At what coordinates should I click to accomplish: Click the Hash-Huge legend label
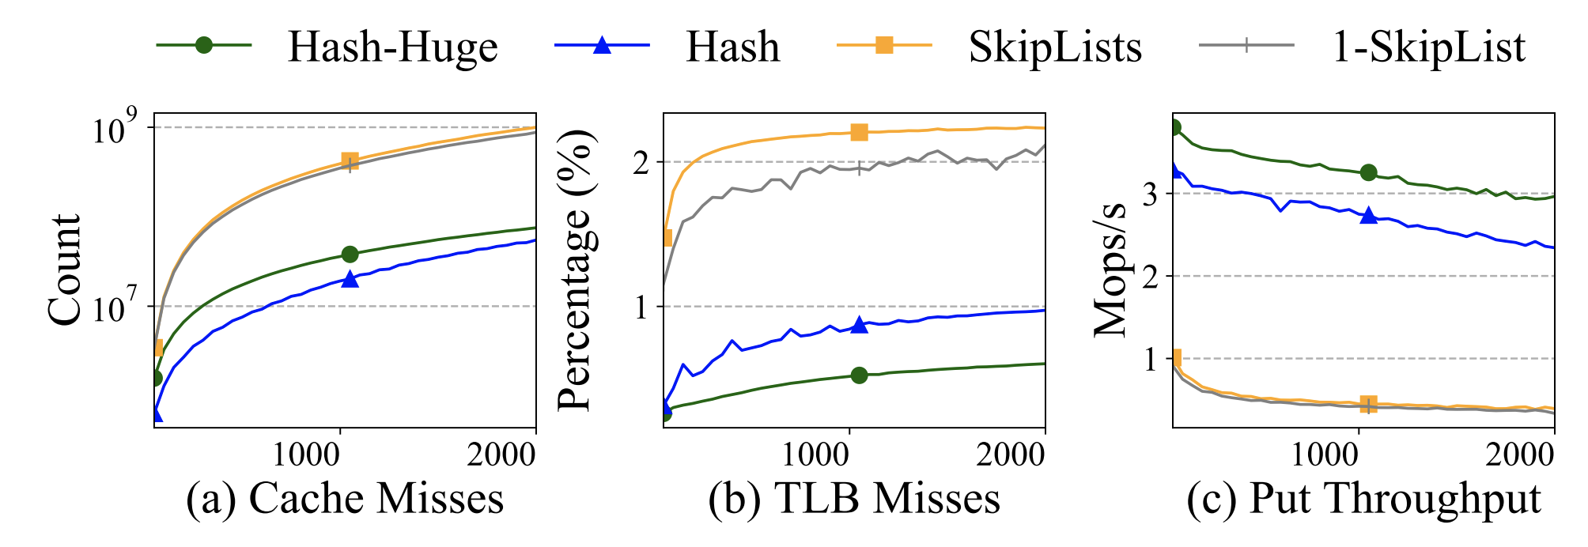click(x=393, y=47)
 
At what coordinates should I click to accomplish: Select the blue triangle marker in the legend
click(x=603, y=44)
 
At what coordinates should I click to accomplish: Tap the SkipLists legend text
click(x=1056, y=47)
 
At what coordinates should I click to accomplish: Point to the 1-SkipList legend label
click(x=1430, y=47)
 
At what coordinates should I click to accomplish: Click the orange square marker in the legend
click(x=885, y=45)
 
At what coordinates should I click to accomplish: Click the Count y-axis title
click(x=64, y=269)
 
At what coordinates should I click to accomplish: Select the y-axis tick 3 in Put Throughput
click(x=1151, y=194)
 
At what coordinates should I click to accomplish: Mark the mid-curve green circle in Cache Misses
click(x=350, y=254)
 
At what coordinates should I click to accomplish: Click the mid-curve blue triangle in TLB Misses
click(x=859, y=324)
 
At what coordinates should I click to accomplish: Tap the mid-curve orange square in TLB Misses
click(x=859, y=132)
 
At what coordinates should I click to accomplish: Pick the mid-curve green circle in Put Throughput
click(x=1368, y=172)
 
